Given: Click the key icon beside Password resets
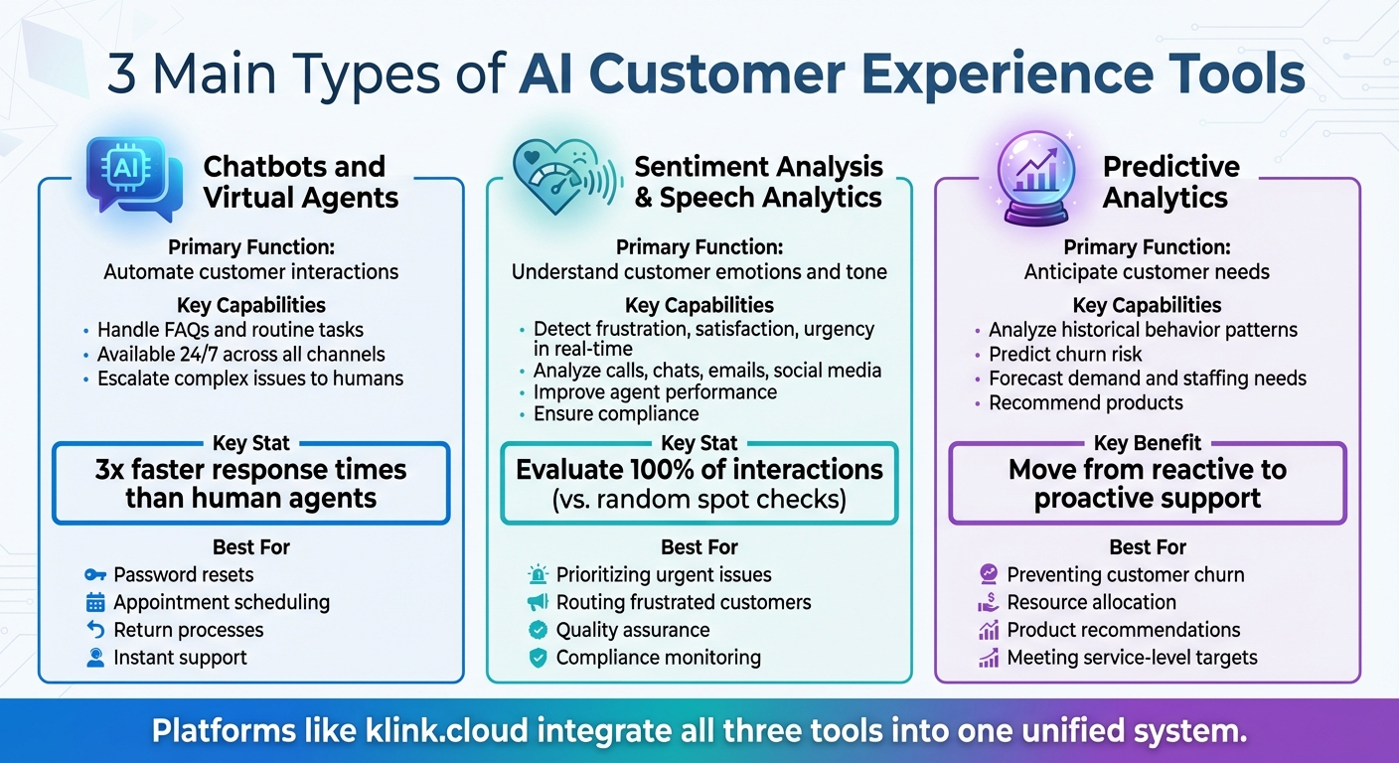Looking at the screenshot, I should point(95,574).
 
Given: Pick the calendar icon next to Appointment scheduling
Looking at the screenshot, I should point(95,602).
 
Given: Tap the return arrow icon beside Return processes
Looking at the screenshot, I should point(95,630).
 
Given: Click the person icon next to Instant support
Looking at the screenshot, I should point(95,658).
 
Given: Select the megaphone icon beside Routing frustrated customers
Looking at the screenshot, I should point(538,602).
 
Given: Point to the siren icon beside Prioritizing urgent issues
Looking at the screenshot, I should point(538,574).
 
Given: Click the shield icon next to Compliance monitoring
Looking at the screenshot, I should point(538,658).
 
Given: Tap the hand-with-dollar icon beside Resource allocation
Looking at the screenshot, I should point(988,602).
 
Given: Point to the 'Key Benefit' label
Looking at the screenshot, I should point(1148,443).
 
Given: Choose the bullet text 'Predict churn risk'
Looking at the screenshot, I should point(1065,355).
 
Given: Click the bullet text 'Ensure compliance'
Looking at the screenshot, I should point(616,414).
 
